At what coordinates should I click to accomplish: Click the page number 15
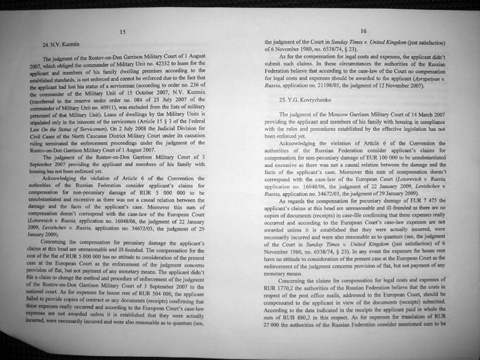click(123, 31)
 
